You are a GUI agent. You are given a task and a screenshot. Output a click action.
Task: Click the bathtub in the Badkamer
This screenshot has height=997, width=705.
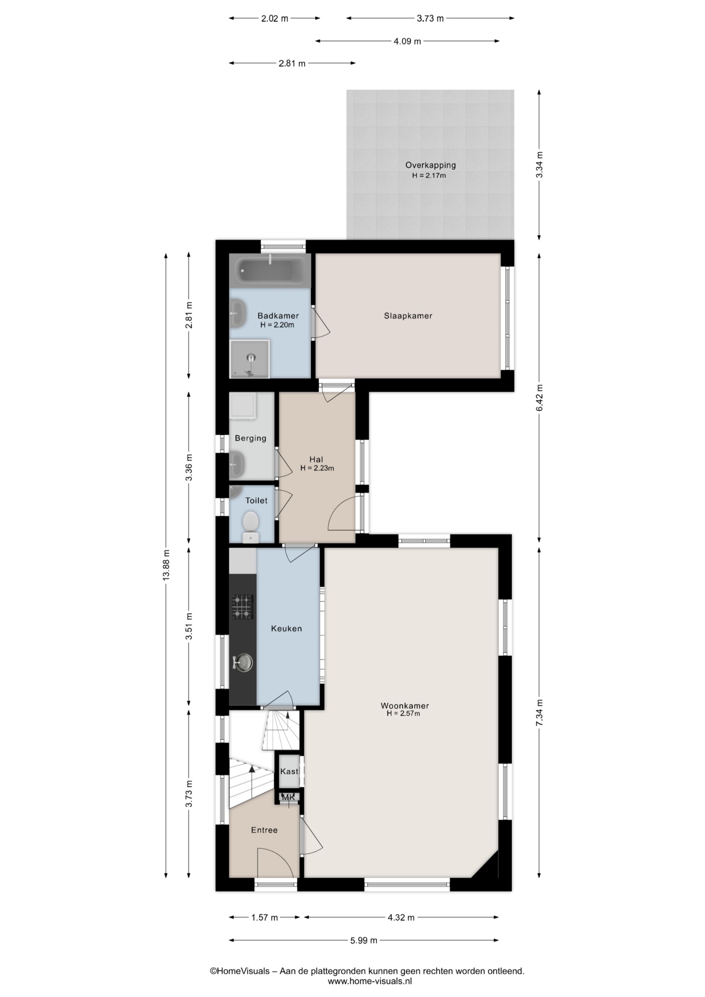click(270, 270)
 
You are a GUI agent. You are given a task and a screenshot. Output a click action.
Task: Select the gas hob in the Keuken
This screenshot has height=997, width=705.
click(242, 607)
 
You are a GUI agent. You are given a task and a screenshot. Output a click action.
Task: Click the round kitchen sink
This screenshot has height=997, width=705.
click(243, 662)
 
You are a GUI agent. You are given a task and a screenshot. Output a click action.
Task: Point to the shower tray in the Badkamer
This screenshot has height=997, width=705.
click(250, 359)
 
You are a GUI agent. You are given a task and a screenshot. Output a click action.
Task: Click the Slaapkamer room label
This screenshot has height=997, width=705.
click(408, 316)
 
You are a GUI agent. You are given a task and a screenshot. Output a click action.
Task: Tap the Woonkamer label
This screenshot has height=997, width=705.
click(405, 706)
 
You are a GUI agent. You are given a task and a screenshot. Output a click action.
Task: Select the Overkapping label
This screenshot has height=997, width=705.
click(430, 165)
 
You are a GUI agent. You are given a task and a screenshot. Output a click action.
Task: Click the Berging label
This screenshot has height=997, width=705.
click(250, 438)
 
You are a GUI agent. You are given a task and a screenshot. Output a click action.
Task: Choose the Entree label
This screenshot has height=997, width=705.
click(264, 830)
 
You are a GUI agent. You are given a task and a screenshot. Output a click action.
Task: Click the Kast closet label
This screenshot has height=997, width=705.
click(289, 771)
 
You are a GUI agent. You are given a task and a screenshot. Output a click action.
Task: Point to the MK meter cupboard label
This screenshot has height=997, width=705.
click(288, 798)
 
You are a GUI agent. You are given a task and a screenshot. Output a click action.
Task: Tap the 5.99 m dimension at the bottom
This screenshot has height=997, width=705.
click(364, 940)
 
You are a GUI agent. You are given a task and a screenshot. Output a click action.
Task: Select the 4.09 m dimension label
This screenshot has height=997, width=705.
click(407, 41)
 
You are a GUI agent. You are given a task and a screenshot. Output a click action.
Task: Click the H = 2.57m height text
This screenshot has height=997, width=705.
click(403, 714)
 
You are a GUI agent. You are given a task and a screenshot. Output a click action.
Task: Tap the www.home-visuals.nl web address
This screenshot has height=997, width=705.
click(370, 981)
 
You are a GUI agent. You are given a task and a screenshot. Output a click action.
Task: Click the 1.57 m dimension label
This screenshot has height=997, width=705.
click(265, 918)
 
